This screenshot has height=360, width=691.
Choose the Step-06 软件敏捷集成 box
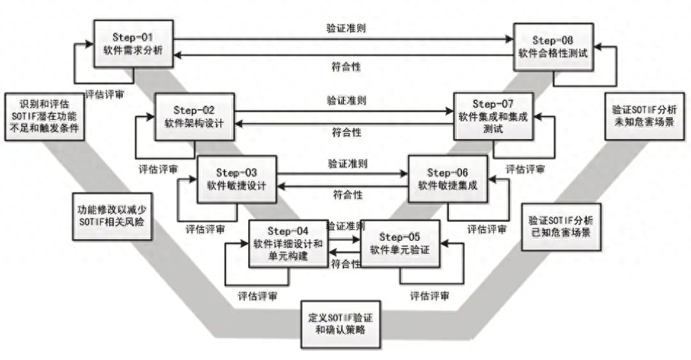[x=447, y=178]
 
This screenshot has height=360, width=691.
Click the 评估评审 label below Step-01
[x=103, y=94]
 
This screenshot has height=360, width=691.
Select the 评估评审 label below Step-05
[x=429, y=295]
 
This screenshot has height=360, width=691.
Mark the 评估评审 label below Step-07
[x=525, y=168]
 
